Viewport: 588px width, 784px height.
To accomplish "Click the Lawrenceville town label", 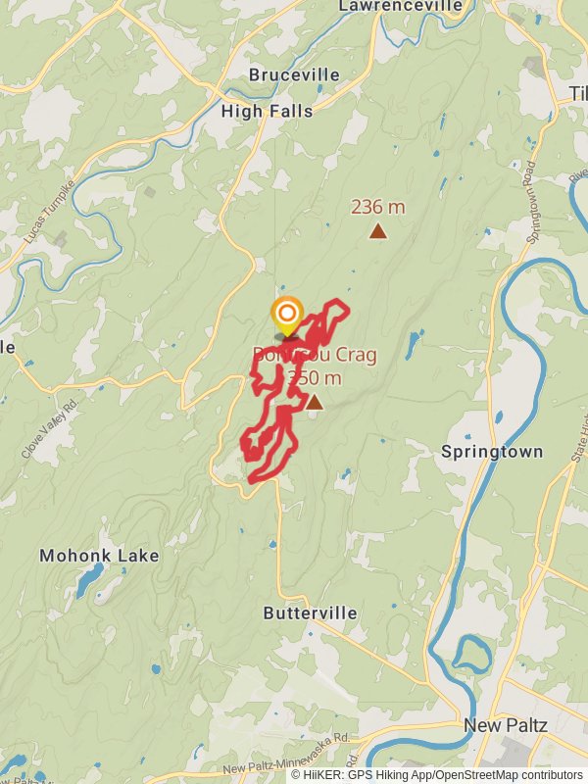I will (x=400, y=6).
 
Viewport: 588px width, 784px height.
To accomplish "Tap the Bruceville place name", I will (x=294, y=74).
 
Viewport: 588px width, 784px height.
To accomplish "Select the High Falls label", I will (x=267, y=111).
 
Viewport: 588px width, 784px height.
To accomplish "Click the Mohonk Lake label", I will (x=99, y=556).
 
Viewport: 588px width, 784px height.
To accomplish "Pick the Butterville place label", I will (x=310, y=612).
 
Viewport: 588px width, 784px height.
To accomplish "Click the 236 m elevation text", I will (x=377, y=207).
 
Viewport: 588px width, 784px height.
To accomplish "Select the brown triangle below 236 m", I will (x=377, y=231).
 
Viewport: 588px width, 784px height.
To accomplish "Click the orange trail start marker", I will (x=286, y=316).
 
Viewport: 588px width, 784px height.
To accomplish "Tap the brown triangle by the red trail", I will (x=314, y=402).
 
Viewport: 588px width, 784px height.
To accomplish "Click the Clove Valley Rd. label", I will (x=47, y=428).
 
